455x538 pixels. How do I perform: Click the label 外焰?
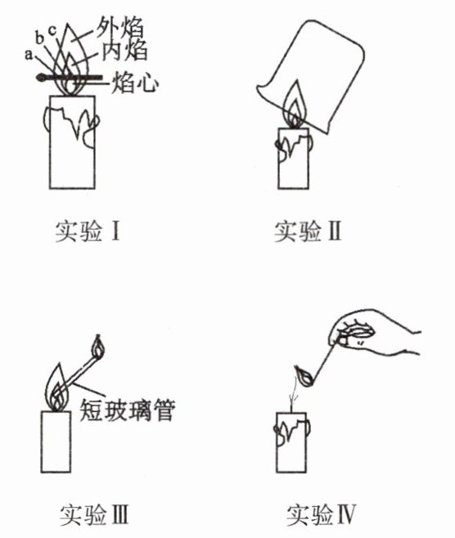[x=119, y=27]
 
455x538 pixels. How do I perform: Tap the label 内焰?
[x=124, y=51]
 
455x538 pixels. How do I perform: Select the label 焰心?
[x=135, y=83]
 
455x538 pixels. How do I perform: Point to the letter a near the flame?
[x=29, y=54]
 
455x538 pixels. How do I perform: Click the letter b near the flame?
[x=39, y=38]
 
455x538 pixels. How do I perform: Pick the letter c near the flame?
[x=52, y=30]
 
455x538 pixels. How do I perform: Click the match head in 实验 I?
[x=41, y=78]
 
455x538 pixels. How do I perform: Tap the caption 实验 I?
[x=88, y=231]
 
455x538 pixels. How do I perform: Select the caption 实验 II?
[x=308, y=231]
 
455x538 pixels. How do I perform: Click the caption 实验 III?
[x=94, y=514]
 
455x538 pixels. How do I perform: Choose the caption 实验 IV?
[x=322, y=514]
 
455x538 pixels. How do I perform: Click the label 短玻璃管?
[x=128, y=410]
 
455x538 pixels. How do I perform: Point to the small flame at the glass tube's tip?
[x=98, y=347]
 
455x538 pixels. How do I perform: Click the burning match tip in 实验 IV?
[x=304, y=376]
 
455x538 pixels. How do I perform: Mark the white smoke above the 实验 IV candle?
[x=294, y=394]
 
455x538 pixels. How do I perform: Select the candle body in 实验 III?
[x=56, y=442]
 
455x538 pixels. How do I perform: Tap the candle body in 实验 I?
[x=72, y=142]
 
